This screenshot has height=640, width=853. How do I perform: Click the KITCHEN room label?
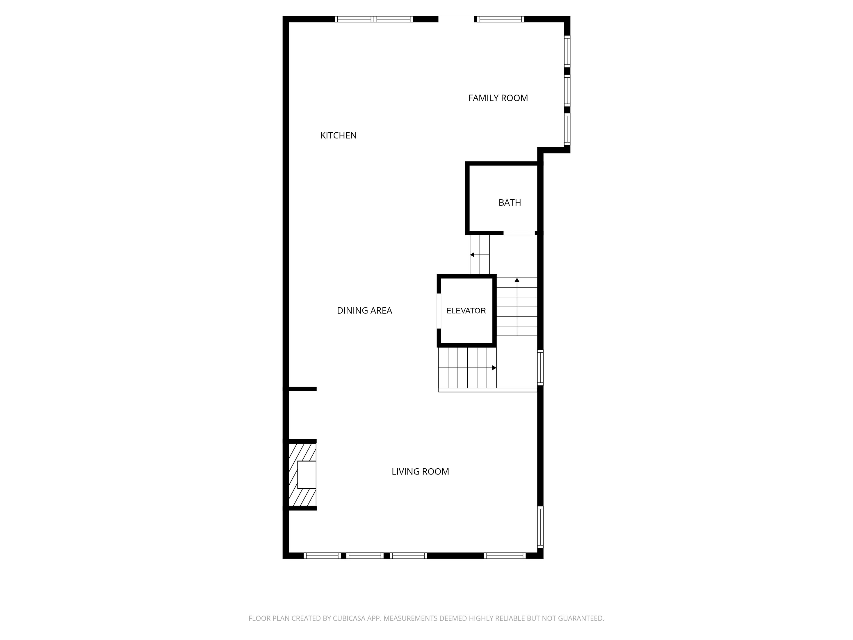point(338,135)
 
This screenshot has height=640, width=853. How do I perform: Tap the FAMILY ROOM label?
point(498,98)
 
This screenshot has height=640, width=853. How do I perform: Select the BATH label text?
point(510,202)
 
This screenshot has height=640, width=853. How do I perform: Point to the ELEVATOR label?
point(466,311)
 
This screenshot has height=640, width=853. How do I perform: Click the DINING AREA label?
point(364,311)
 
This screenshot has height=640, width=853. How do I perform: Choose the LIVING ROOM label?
point(420,471)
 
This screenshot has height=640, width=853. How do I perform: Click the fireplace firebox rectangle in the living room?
point(307,474)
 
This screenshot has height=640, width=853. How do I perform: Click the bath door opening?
point(519,233)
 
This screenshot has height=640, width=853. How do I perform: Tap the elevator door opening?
point(439,311)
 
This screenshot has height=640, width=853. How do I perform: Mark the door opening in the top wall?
point(456,19)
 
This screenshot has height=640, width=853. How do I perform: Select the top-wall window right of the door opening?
point(501,19)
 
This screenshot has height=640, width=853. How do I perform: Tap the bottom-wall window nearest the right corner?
point(505,556)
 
